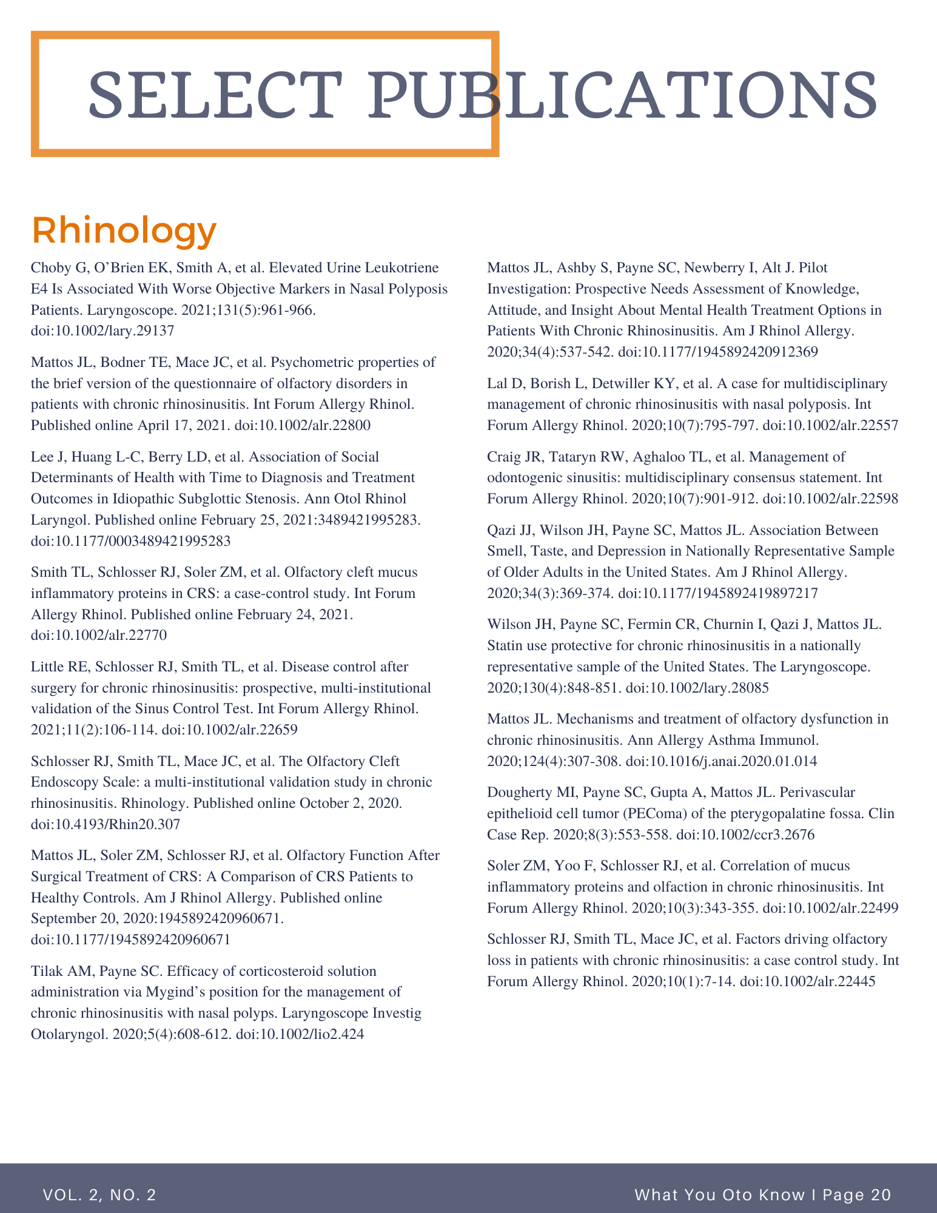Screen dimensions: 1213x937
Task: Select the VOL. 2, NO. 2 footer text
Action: tap(99, 1195)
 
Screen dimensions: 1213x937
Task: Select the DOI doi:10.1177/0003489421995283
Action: tap(130, 540)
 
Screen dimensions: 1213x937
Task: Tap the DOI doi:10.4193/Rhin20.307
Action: tap(105, 824)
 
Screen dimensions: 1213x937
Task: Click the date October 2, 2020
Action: tap(350, 804)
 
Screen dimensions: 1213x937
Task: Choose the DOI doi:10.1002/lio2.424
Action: tap(300, 1035)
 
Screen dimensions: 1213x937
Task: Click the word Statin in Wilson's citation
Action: tap(506, 645)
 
